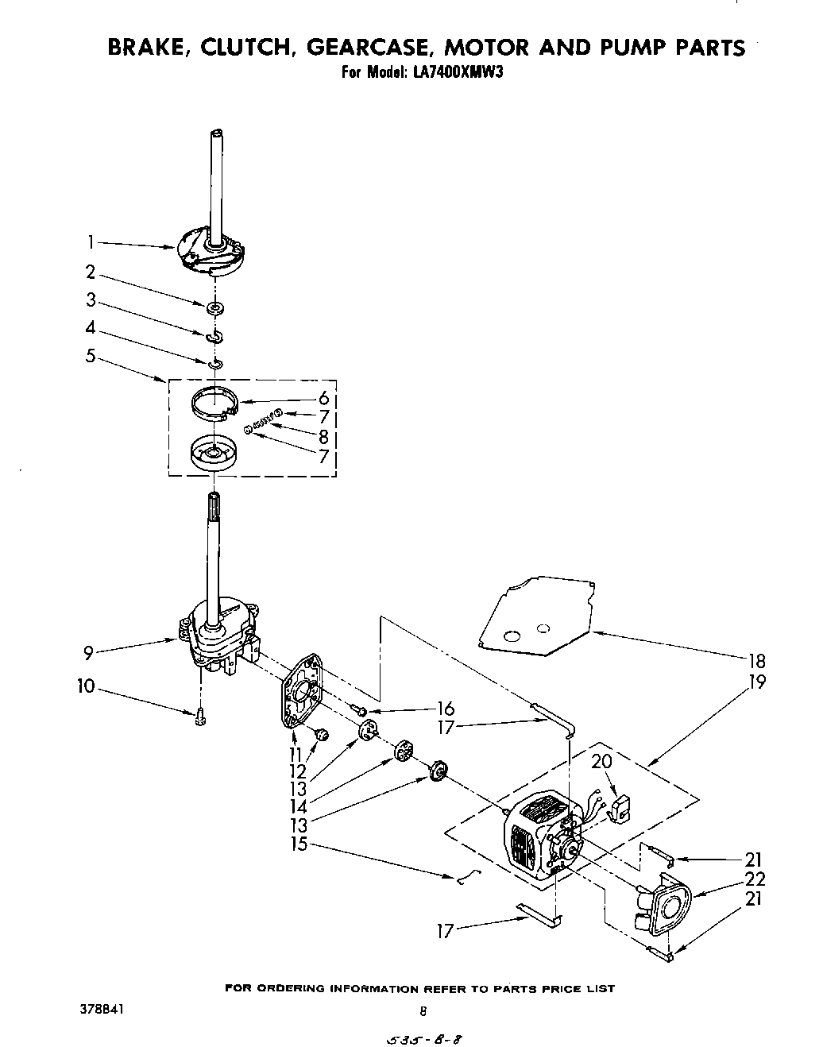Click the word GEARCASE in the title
(373, 47)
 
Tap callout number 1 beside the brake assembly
(91, 241)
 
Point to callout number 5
(91, 356)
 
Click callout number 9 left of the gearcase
(90, 652)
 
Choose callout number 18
(756, 660)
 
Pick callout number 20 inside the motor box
(601, 761)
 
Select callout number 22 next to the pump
(755, 879)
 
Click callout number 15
(298, 844)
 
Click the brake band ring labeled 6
(216, 402)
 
